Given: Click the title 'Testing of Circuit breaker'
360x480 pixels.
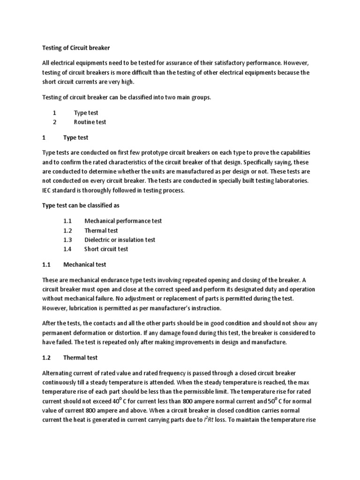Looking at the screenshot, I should pos(75,47).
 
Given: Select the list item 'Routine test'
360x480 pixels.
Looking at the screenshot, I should pos(90,122).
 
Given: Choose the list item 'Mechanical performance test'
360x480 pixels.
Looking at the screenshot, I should pos(123,221).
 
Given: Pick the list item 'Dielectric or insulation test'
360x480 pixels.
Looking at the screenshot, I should pos(120,240).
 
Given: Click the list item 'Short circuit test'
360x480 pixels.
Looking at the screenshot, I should pos(106,249).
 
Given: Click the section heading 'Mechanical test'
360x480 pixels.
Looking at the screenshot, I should pos(85,264).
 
